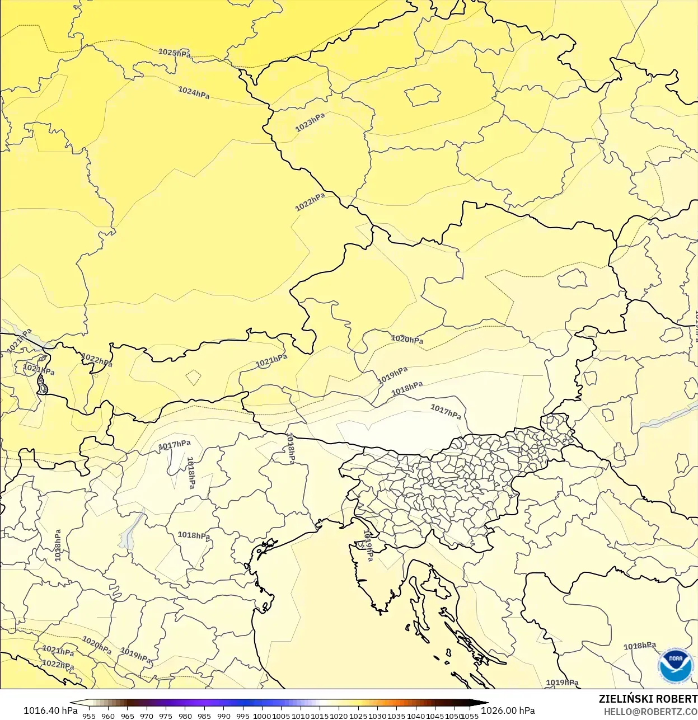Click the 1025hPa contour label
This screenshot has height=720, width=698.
[174, 53]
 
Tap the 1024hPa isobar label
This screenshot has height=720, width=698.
[194, 92]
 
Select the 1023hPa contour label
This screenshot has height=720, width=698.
[310, 122]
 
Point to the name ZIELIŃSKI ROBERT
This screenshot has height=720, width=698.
[648, 699]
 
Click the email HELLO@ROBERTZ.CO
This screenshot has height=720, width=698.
[650, 712]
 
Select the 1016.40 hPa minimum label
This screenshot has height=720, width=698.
[50, 710]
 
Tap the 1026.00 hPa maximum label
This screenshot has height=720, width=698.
[508, 710]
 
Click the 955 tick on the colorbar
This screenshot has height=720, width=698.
[89, 716]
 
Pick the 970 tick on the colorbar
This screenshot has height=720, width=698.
[147, 716]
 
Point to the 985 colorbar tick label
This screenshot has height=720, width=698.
[204, 716]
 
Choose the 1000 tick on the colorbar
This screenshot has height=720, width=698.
[262, 716]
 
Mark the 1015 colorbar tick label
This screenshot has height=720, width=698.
[320, 716]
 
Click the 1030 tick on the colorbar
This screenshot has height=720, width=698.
[377, 716]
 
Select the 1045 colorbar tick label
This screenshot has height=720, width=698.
[435, 716]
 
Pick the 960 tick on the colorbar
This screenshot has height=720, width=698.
[108, 716]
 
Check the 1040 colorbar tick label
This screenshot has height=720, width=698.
[416, 716]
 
